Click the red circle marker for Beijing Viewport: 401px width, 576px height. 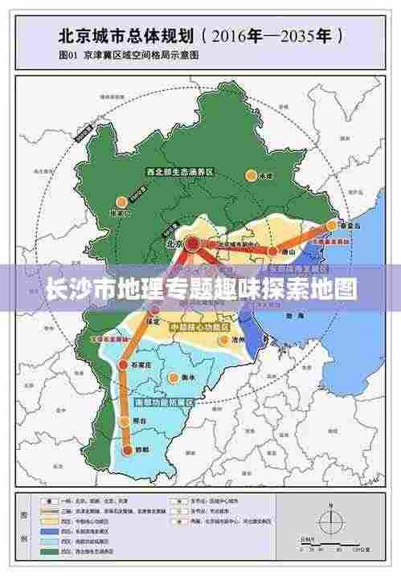coord(192,242)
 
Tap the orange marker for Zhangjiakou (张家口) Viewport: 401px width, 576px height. coord(121,202)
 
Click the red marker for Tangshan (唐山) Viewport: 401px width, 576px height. coord(273,251)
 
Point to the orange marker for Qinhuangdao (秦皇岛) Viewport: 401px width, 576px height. coord(331,226)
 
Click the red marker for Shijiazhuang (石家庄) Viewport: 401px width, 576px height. coord(123,365)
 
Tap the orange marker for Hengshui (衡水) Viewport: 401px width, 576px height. coord(172,376)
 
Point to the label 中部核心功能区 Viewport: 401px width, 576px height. coord(199,328)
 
